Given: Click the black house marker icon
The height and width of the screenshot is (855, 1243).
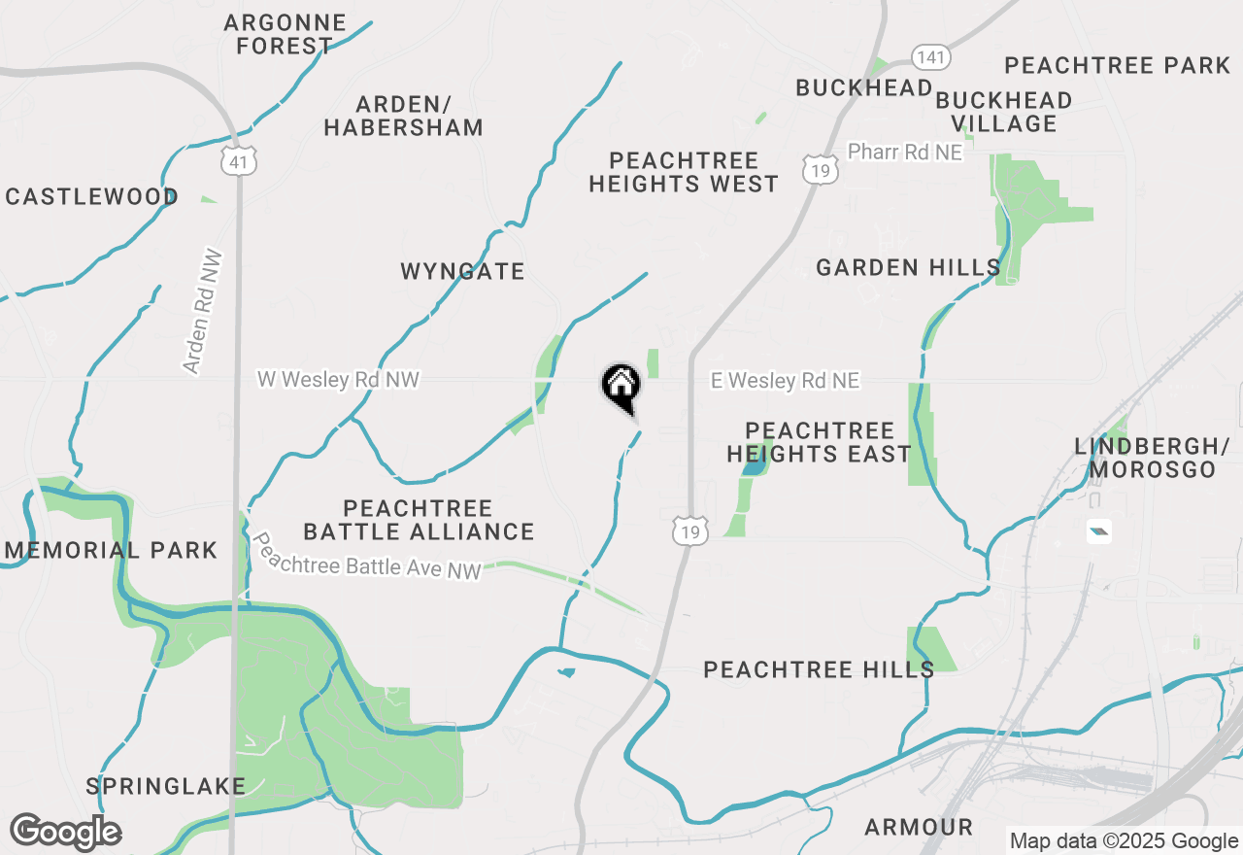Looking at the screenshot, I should tap(621, 386).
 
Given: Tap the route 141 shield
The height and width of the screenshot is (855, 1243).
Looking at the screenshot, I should tap(929, 57).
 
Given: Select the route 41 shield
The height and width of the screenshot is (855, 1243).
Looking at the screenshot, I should tap(239, 160).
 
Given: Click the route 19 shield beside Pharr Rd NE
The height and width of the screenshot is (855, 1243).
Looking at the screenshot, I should tap(821, 169).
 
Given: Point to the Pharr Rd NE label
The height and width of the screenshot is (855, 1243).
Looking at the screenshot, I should tap(904, 153).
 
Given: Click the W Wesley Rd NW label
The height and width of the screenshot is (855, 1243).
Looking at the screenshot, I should tap(338, 379).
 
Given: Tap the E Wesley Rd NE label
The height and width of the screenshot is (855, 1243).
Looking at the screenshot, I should tap(785, 381).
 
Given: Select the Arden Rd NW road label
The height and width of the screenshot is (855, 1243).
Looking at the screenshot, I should tap(203, 313).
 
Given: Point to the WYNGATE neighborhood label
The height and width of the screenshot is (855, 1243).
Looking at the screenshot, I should tap(462, 271).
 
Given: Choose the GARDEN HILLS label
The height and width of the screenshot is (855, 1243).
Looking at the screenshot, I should tap(908, 267).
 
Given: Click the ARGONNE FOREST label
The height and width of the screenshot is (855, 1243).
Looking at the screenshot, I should tap(284, 34).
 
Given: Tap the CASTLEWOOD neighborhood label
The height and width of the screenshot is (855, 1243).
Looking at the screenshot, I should tap(92, 197).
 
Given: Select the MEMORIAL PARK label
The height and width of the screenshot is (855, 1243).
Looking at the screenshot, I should tap(112, 550).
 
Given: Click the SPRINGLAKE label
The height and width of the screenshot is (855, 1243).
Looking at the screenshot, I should tap(166, 786).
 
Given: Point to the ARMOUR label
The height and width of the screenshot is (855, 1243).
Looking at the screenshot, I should tap(919, 827).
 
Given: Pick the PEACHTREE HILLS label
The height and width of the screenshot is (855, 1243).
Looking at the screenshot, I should tap(819, 669).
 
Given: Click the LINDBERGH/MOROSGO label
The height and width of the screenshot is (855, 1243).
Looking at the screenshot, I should tap(1145, 458).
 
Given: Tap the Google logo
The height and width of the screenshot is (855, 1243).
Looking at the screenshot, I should tap(65, 833).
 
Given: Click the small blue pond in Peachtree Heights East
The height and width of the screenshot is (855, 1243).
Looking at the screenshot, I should tap(753, 466).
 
